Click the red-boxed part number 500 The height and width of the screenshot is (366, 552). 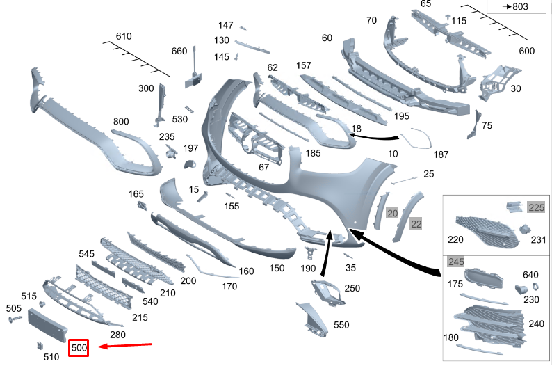79,346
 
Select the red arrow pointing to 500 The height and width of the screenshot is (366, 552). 124,344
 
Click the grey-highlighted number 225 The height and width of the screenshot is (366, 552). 536,207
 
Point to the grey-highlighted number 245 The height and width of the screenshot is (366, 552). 456,262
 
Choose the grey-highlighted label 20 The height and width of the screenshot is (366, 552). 392,214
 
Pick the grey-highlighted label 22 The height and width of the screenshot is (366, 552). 416,223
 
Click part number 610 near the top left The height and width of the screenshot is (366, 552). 124,36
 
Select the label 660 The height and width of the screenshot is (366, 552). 179,51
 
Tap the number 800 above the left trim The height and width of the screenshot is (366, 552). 121,122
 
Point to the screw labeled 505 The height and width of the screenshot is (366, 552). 15,319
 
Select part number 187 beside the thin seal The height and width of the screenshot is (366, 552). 441,153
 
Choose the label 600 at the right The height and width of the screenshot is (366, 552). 527,51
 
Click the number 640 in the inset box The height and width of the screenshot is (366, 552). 530,274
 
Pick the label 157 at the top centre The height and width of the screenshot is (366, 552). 303,65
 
